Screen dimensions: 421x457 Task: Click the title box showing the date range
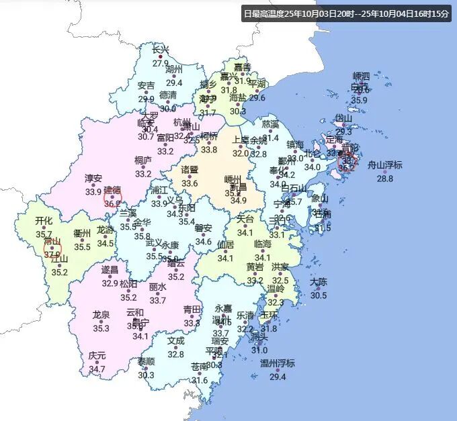point(346,13)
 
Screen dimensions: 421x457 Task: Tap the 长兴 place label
point(161,50)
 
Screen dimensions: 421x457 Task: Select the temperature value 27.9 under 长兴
point(161,64)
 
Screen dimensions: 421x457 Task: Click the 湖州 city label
point(174,69)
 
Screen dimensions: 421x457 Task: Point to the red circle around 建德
point(112,196)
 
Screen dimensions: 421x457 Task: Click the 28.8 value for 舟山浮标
point(385,179)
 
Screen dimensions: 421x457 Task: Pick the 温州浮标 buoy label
point(278,363)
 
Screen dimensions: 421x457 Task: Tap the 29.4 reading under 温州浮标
point(278,377)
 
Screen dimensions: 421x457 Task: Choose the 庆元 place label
point(97,355)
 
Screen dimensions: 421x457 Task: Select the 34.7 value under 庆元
point(97,369)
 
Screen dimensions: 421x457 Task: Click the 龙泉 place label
point(101,314)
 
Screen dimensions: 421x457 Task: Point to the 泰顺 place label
point(146,361)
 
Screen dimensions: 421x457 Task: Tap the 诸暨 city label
point(190,169)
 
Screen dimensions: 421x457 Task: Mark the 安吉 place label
point(146,85)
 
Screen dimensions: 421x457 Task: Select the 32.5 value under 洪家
point(280,281)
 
